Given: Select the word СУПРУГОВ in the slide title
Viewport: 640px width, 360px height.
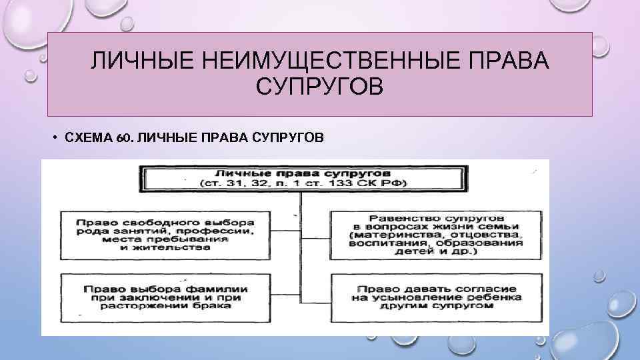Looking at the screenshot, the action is [x=319, y=87].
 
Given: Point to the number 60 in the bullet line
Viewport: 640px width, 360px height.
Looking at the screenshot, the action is [x=121, y=138].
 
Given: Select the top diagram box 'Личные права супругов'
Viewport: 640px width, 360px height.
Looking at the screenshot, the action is [x=301, y=178].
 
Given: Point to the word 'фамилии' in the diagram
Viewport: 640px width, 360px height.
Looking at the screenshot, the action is [x=219, y=288].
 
